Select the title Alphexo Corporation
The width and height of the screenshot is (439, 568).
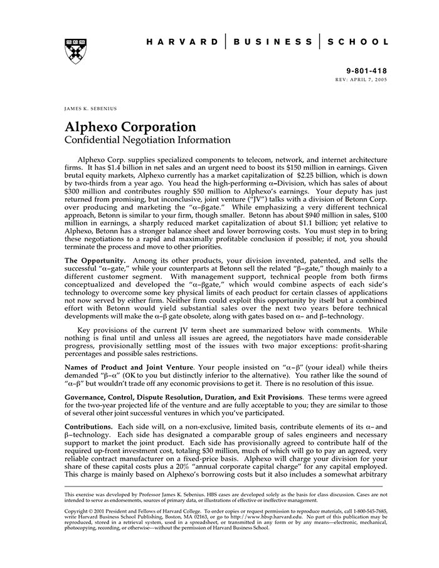[x=130, y=127]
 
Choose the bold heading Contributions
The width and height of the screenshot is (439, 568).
[x=88, y=426]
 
